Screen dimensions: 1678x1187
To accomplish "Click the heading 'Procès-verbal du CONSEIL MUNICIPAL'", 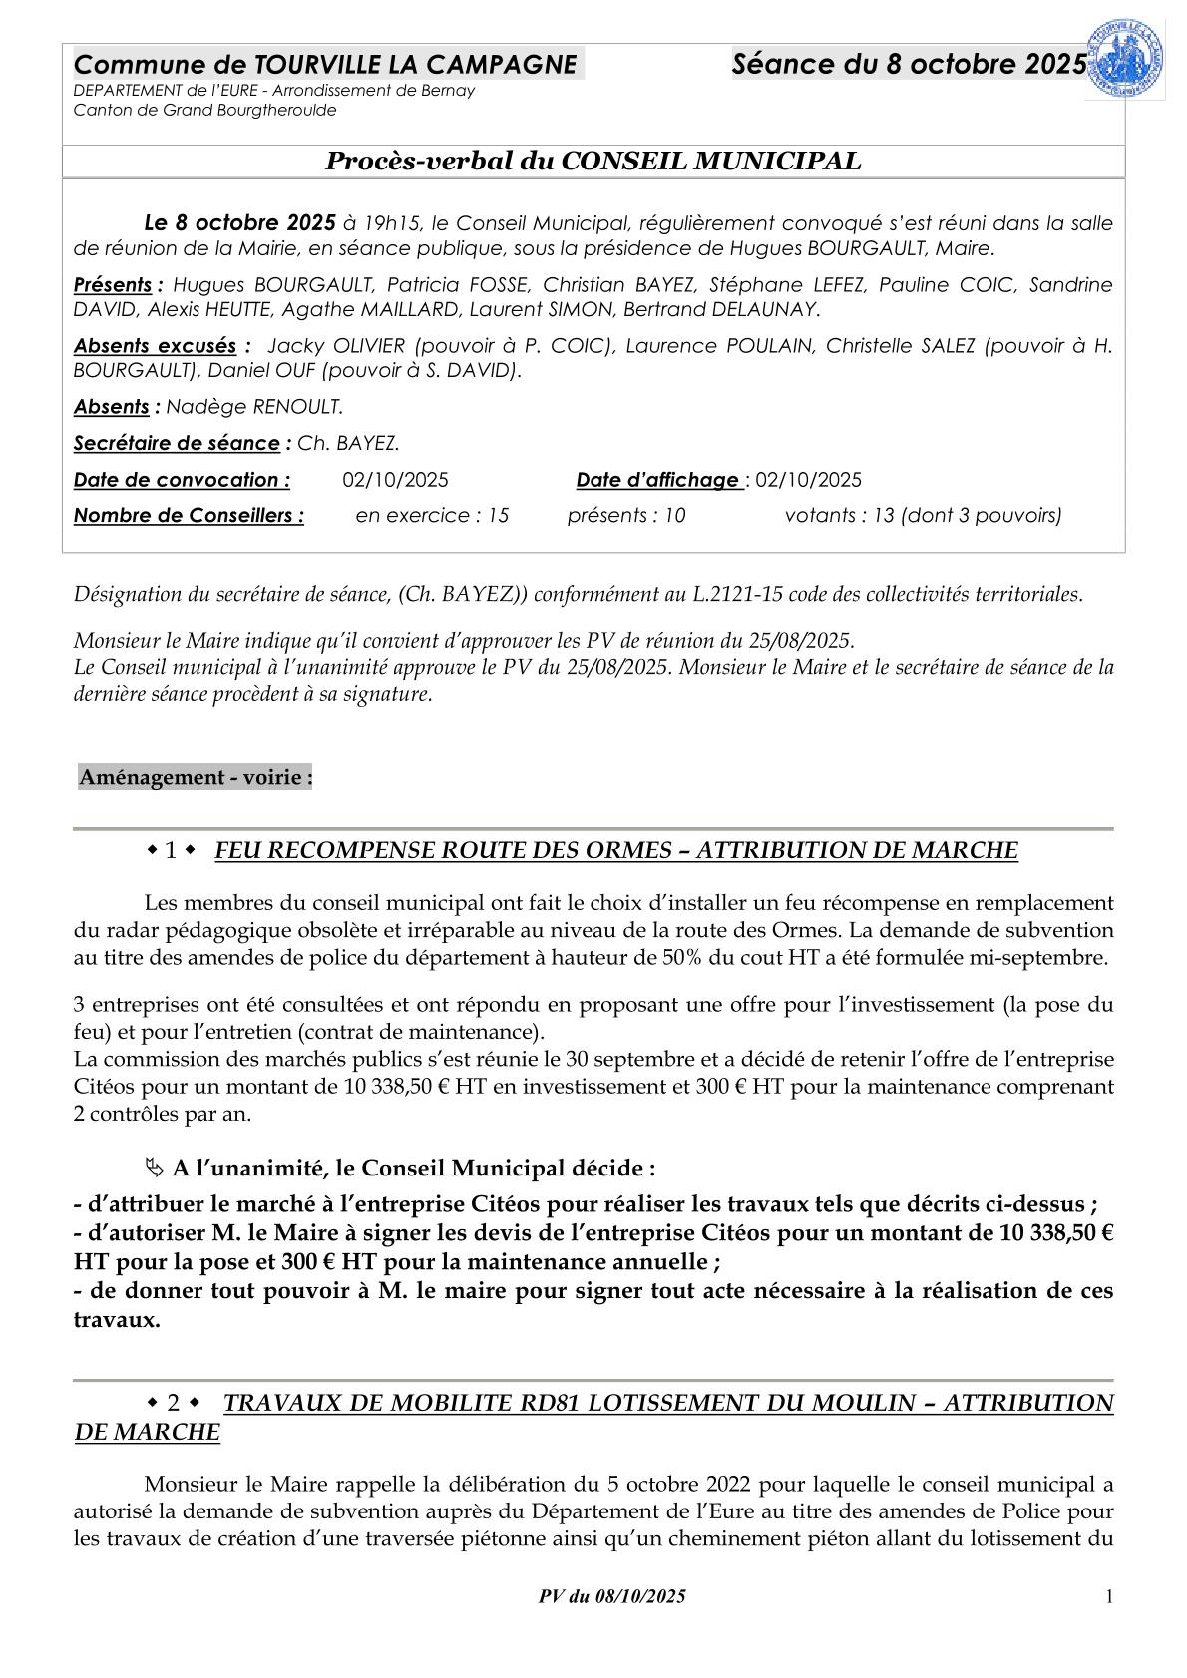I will (593, 162).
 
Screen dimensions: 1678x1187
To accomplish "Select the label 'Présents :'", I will (118, 285).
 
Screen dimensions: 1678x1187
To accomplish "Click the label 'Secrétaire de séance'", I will (177, 443).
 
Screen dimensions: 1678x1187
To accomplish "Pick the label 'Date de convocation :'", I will (182, 480).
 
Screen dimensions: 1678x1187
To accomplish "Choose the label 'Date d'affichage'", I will (657, 480).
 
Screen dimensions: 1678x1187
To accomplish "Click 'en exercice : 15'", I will (432, 516).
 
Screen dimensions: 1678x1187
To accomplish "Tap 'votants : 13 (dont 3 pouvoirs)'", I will (923, 516).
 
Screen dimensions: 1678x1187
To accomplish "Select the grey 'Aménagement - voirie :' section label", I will (196, 777).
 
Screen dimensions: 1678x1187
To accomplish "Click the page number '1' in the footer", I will (1109, 1596).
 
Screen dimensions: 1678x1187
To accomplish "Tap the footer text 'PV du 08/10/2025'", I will (611, 1596).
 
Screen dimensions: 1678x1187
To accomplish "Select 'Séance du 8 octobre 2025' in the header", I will (908, 65).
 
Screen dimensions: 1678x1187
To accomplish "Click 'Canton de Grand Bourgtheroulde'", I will (204, 110).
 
